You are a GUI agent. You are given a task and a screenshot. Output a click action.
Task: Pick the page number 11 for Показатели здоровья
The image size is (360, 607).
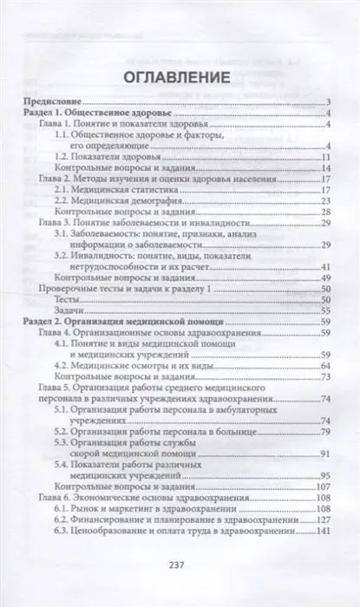tap(328, 158)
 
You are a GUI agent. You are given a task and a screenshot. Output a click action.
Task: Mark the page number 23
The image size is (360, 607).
tap(328, 201)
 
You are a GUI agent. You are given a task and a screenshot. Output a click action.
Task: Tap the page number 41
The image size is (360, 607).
tap(328, 267)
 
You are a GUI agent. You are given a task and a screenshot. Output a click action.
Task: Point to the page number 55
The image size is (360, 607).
tap(328, 310)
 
